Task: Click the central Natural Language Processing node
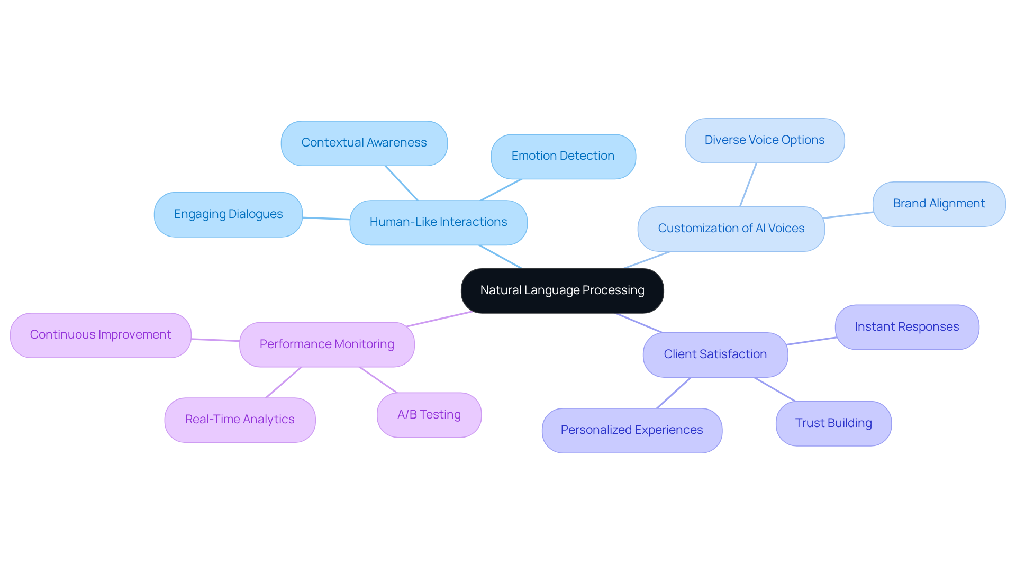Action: click(x=562, y=290)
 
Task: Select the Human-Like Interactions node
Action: click(x=438, y=222)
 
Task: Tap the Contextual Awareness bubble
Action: click(x=364, y=143)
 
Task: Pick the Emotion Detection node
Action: click(x=563, y=156)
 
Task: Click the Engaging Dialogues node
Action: click(x=228, y=214)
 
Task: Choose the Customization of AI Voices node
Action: click(x=731, y=229)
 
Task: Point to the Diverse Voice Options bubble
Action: click(x=764, y=140)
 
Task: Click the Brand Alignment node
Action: click(x=939, y=204)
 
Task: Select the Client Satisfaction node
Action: click(x=715, y=354)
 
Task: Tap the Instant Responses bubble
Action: click(x=906, y=327)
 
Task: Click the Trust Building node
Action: click(x=833, y=423)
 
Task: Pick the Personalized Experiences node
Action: click(x=632, y=430)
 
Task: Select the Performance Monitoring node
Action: click(x=326, y=344)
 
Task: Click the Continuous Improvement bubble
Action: click(x=101, y=335)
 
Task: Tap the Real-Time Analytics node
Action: click(x=240, y=420)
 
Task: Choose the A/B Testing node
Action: click(x=429, y=415)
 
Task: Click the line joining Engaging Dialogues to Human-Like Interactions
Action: click(x=326, y=218)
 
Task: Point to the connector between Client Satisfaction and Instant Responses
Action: click(x=811, y=341)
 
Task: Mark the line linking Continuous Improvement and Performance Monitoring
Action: click(x=215, y=340)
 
